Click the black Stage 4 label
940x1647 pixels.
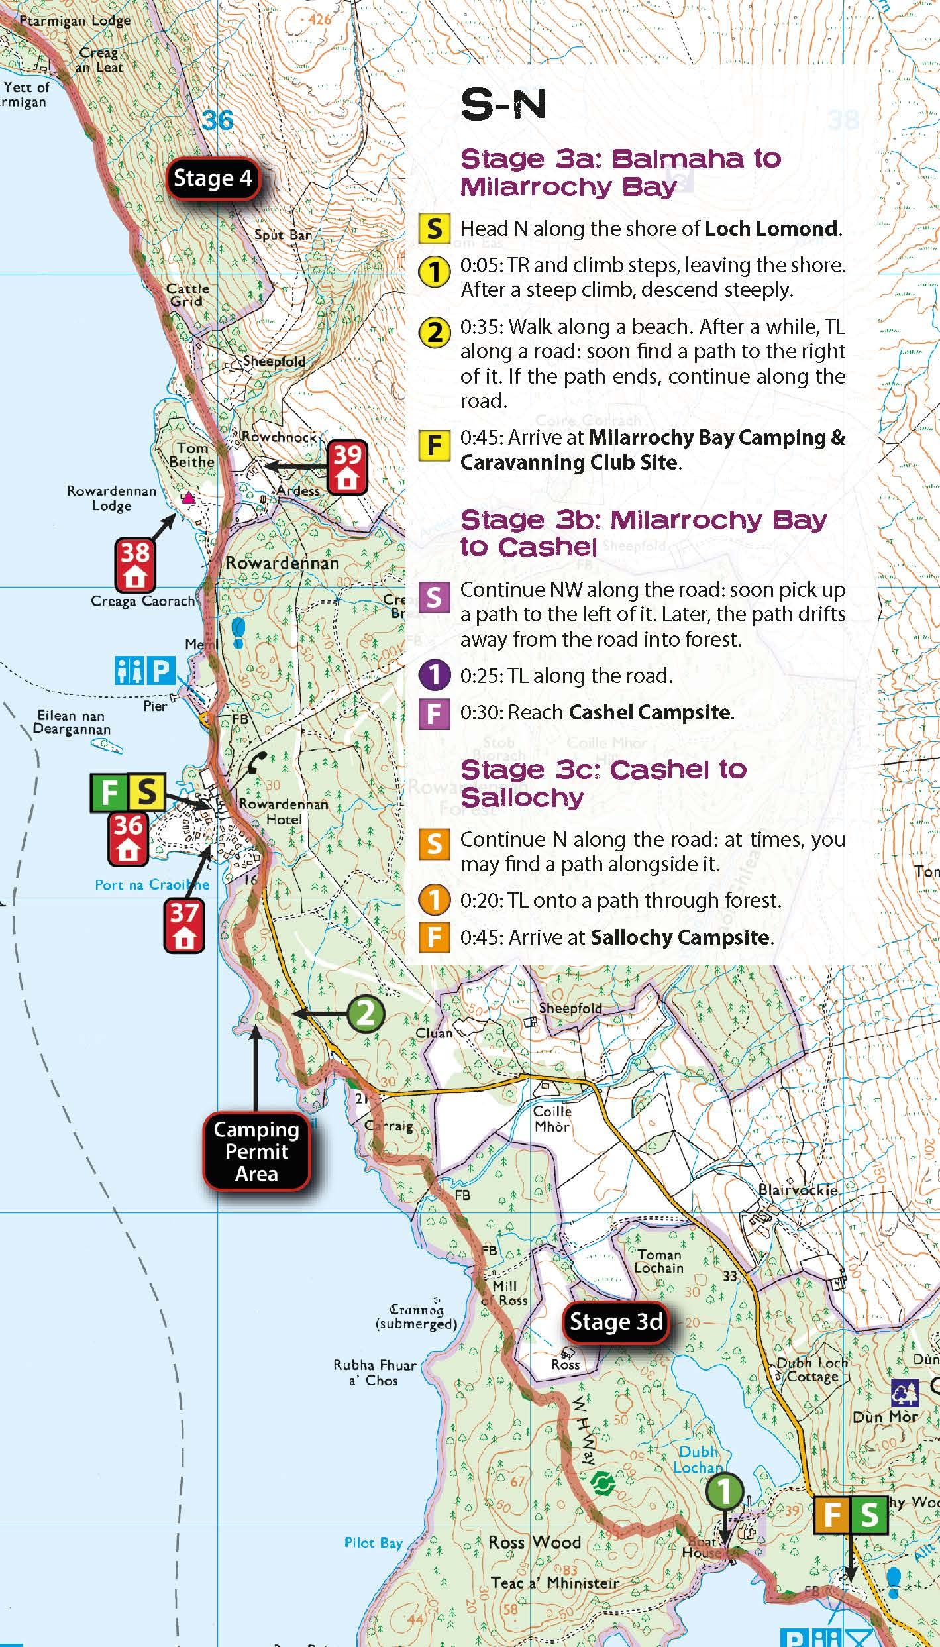tap(213, 178)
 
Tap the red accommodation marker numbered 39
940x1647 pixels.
tap(347, 467)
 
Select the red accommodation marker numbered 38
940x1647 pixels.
tap(134, 564)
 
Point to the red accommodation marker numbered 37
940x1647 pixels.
tap(183, 926)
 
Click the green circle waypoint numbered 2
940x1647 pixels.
tap(366, 1013)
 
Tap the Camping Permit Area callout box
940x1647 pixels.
tap(256, 1151)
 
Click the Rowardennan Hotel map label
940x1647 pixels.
tap(284, 811)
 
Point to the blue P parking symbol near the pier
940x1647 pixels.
tap(160, 670)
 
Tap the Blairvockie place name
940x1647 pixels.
tap(798, 1189)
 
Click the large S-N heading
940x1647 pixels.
tap(503, 105)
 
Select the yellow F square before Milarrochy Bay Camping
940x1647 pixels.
tap(434, 445)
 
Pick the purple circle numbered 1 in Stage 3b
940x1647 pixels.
tap(435, 676)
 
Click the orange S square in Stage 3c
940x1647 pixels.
tap(435, 844)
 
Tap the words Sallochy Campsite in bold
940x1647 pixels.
tap(680, 937)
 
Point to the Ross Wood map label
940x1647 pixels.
tap(534, 1542)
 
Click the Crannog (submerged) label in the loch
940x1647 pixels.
tap(415, 1316)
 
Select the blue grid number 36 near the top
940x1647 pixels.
tap(217, 120)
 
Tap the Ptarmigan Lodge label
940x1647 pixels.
tap(74, 21)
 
